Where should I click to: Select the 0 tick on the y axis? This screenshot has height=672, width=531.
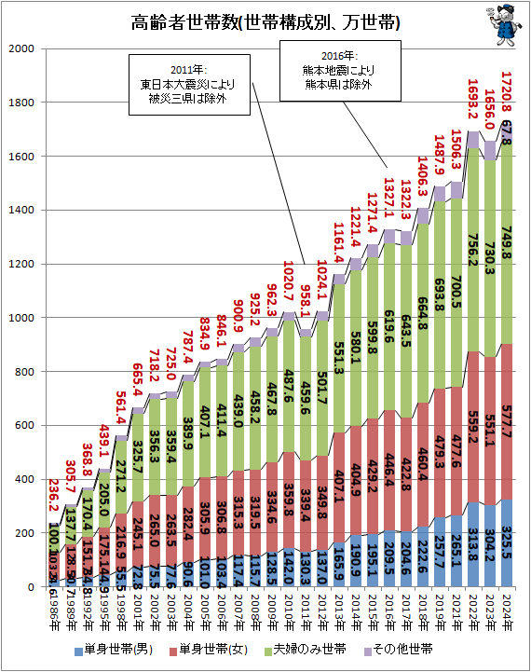click(30, 587)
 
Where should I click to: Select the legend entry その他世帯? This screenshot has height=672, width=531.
click(403, 647)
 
